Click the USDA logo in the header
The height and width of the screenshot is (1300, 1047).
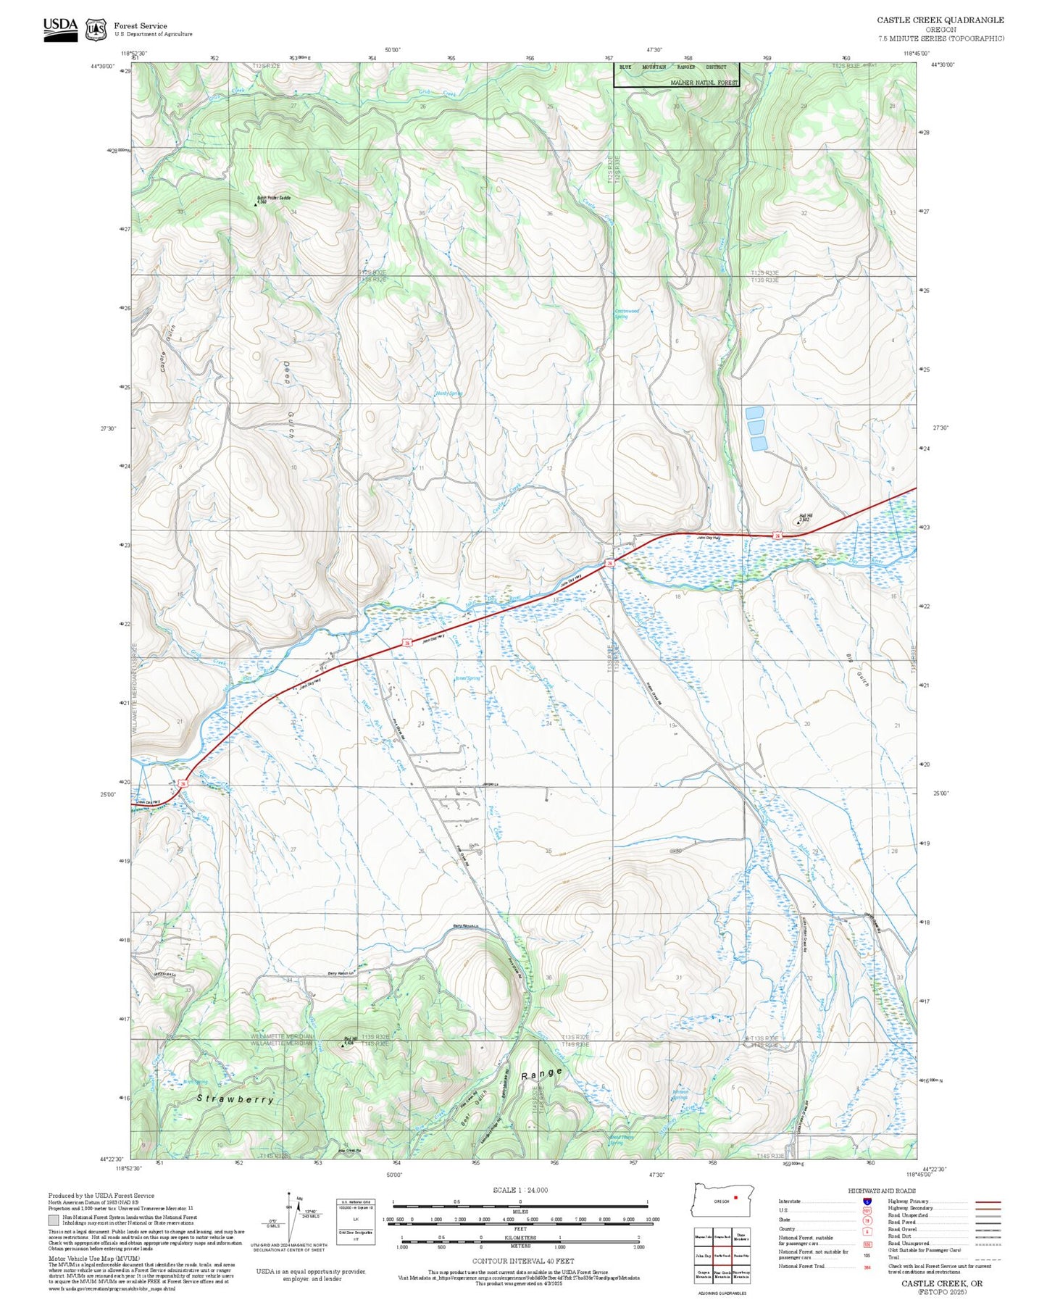coord(60,28)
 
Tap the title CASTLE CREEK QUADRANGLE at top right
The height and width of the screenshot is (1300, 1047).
coord(940,20)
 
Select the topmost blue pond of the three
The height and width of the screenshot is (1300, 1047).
coord(754,412)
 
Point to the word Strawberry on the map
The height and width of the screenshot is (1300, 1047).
coord(235,1099)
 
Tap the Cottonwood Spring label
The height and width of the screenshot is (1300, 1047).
coord(627,314)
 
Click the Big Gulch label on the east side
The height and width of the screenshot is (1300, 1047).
coord(856,670)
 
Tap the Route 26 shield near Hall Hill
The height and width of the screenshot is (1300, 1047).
coord(776,536)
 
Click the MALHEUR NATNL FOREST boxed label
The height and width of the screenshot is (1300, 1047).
coord(704,83)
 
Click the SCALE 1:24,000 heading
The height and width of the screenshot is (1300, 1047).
coord(520,1190)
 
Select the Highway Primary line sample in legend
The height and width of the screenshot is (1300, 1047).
coord(988,1201)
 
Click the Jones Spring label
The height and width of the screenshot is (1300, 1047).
coord(467,678)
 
